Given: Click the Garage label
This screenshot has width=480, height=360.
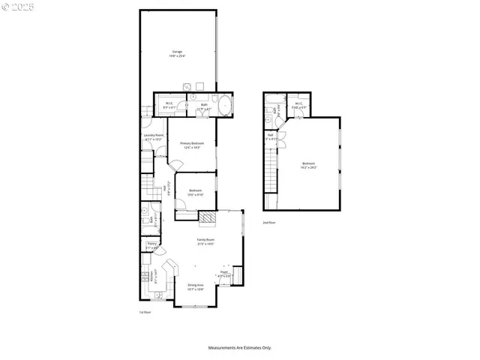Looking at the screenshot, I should (177, 53).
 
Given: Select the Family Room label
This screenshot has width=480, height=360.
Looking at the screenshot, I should (205, 241).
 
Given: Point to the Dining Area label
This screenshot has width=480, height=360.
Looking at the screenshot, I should (196, 286).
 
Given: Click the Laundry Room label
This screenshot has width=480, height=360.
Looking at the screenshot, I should (154, 137).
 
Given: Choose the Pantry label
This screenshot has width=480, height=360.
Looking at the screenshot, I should (151, 245).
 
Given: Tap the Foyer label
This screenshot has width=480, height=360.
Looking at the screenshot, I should (224, 274).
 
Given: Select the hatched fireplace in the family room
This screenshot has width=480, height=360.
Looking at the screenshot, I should (207, 218).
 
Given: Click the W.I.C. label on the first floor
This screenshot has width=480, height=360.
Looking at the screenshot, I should (169, 106).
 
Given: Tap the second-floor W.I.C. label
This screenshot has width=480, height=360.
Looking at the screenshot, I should (298, 106).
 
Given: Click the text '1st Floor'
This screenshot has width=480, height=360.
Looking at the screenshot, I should (145, 312).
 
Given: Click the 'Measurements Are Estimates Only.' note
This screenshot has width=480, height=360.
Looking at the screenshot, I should (240, 347).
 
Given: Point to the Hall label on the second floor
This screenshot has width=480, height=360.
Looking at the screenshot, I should (271, 137).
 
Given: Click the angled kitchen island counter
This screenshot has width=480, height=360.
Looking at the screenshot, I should (170, 268).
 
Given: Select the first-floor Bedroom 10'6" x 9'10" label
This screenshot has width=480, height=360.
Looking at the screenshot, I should (196, 192).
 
